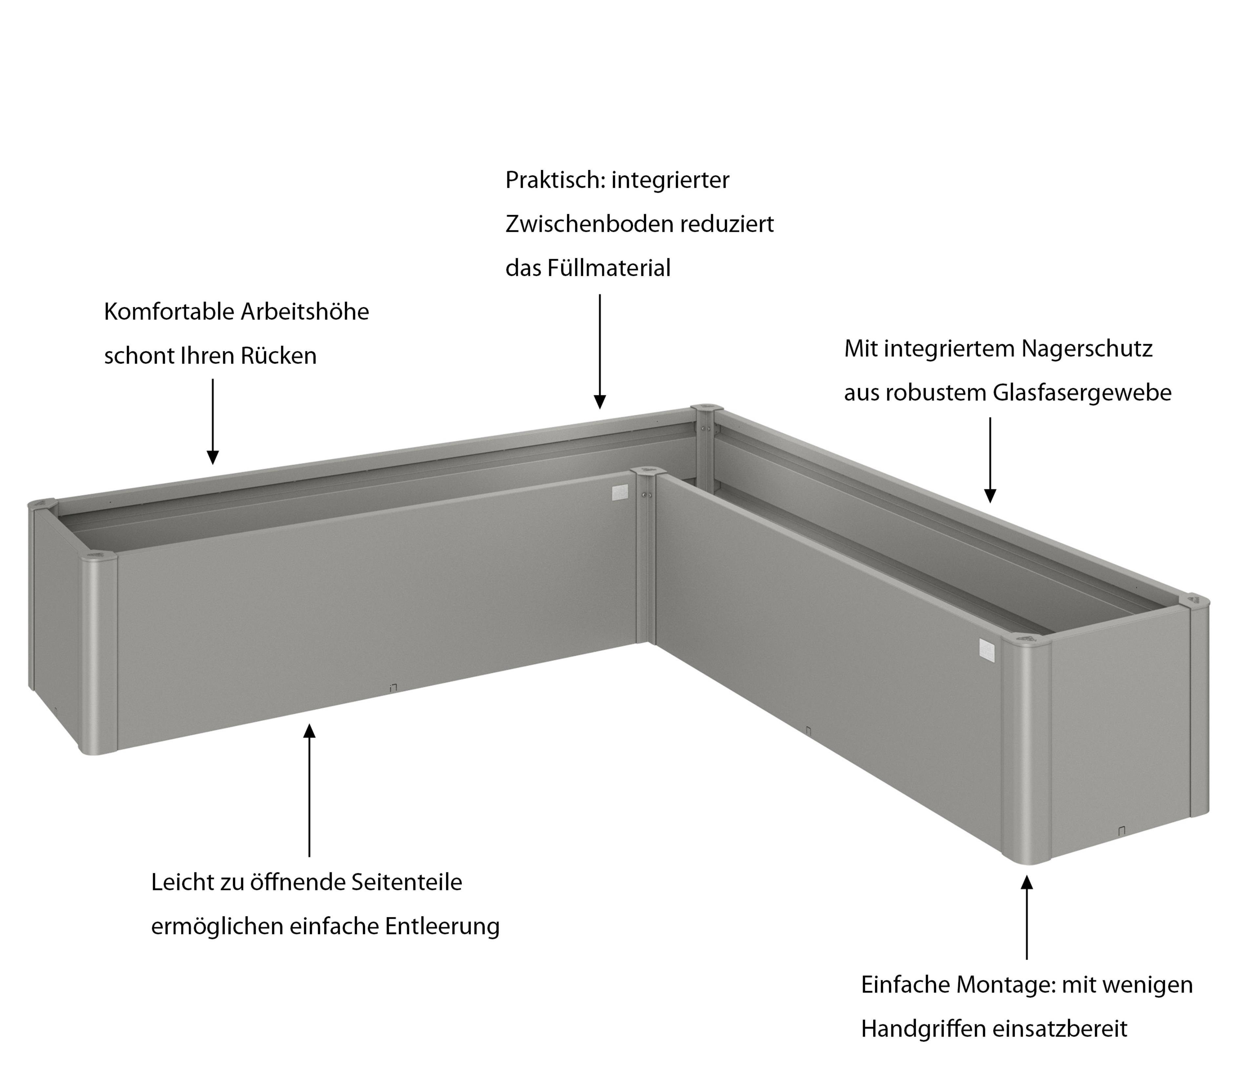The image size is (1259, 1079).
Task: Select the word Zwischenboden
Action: tap(590, 224)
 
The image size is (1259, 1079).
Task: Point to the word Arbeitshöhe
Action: tap(305, 312)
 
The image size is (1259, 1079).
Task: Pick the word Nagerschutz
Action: tap(1087, 349)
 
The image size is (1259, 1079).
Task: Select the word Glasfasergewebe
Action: tap(1082, 393)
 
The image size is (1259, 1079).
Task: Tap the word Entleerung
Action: tap(442, 927)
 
